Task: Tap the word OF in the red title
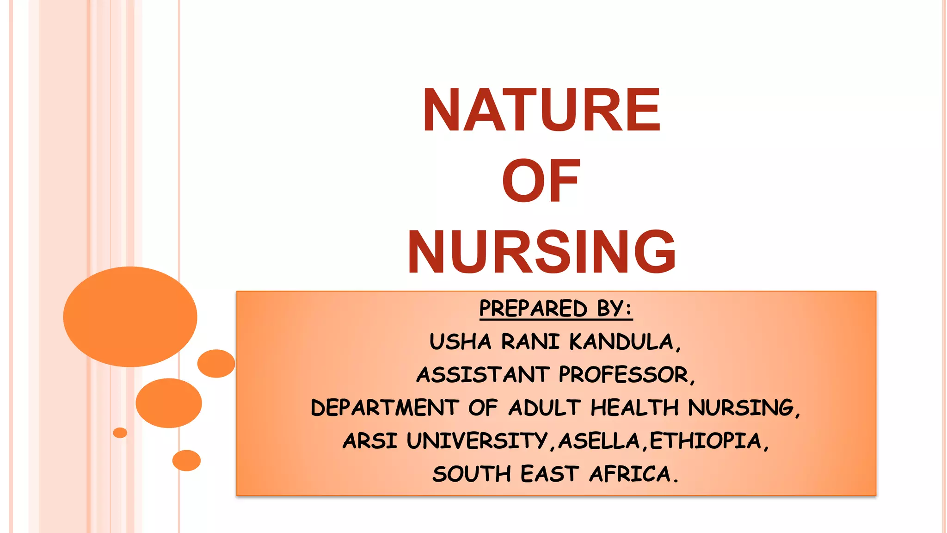click(x=541, y=181)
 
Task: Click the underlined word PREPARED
click(x=533, y=309)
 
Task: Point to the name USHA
click(x=460, y=342)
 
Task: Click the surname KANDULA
click(x=625, y=342)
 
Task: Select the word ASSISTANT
click(x=483, y=375)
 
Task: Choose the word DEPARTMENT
click(x=385, y=408)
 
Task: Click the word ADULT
click(x=544, y=408)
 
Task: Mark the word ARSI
click(x=370, y=441)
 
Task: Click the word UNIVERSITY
click(x=477, y=441)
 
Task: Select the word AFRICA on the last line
click(x=633, y=474)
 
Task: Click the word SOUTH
click(x=472, y=474)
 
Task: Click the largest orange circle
click(x=130, y=317)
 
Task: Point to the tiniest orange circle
click(x=120, y=433)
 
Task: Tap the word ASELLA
click(x=599, y=441)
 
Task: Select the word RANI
click(x=530, y=342)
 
